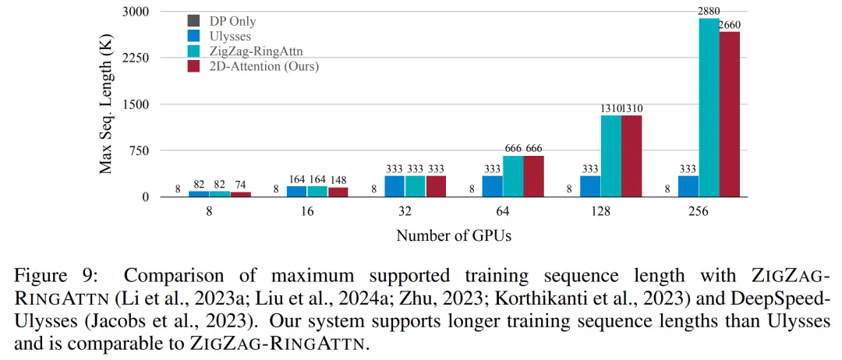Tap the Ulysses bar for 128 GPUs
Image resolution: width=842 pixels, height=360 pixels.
click(590, 186)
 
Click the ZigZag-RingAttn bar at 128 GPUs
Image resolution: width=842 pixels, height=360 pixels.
click(611, 156)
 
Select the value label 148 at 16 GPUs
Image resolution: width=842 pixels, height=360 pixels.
click(338, 178)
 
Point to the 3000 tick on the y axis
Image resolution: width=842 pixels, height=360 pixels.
click(137, 12)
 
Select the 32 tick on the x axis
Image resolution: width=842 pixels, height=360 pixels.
click(405, 211)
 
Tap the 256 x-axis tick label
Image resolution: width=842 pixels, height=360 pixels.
click(699, 211)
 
